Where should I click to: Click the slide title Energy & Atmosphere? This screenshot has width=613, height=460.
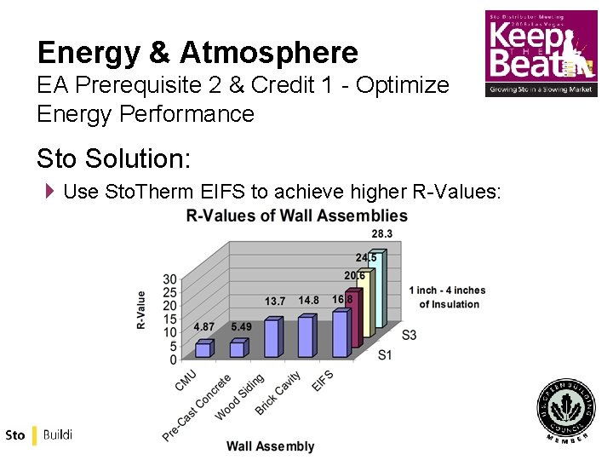[198, 53]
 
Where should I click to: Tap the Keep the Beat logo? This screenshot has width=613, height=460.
[541, 53]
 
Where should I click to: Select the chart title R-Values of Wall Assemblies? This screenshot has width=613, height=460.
[296, 216]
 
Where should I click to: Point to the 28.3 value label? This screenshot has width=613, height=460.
[381, 234]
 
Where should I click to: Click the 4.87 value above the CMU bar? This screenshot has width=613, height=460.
[204, 327]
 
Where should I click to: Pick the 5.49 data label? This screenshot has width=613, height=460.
[241, 327]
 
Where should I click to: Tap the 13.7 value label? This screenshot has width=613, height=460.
[275, 302]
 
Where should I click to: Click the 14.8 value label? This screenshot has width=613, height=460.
[308, 301]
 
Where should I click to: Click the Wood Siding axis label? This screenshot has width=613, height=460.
[240, 397]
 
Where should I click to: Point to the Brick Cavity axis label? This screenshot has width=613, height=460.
[278, 393]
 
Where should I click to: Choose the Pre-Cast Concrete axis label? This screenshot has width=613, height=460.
[197, 408]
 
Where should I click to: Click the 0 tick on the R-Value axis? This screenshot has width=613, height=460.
[173, 359]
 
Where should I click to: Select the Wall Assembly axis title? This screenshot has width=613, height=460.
[270, 446]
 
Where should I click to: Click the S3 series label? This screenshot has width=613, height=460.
[409, 335]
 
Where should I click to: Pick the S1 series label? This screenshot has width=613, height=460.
[385, 354]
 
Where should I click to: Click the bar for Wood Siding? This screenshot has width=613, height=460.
[272, 337]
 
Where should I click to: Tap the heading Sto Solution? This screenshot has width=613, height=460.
[114, 158]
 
